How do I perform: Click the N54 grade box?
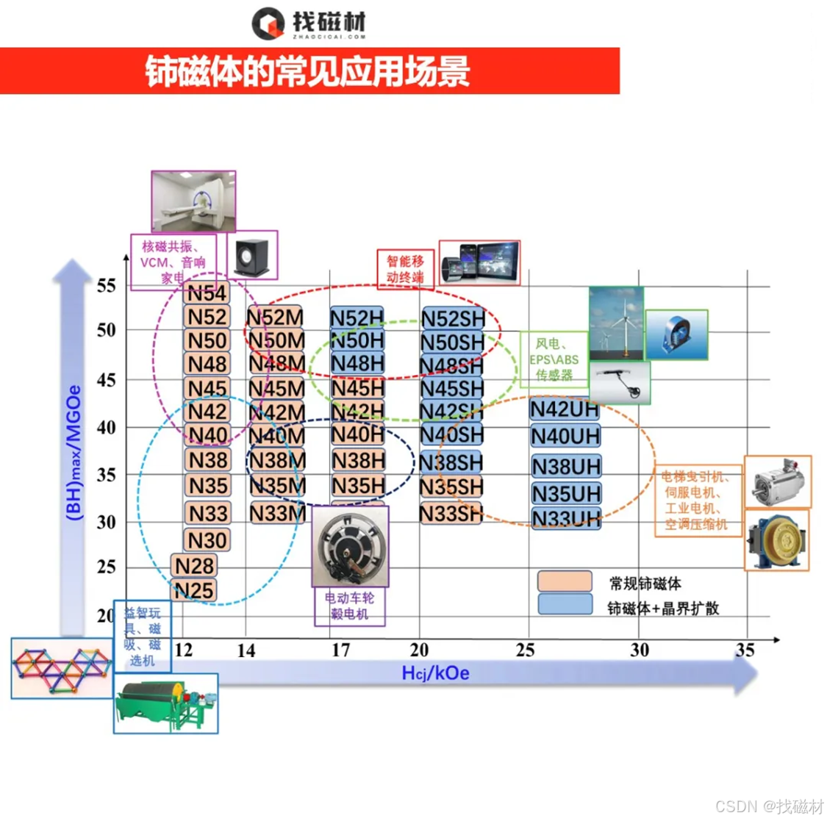pyautogui.click(x=207, y=293)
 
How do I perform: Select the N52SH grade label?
pyautogui.click(x=453, y=319)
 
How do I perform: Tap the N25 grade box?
pyautogui.click(x=194, y=590)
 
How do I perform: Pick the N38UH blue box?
pyautogui.click(x=566, y=467)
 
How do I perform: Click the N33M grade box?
pyautogui.click(x=277, y=512)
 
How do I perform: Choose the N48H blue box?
pyautogui.click(x=357, y=363)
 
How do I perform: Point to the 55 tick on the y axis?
pyautogui.click(x=107, y=286)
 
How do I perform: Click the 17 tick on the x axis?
pyautogui.click(x=341, y=650)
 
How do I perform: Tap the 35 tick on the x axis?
pyautogui.click(x=745, y=650)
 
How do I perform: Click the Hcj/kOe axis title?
pyautogui.click(x=435, y=673)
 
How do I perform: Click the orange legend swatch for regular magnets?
pyautogui.click(x=565, y=581)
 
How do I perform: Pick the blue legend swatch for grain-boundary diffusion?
pyautogui.click(x=565, y=605)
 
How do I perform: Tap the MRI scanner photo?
pyautogui.click(x=193, y=201)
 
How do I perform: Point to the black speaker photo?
pyautogui.click(x=252, y=254)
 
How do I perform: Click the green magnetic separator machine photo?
pyautogui.click(x=165, y=703)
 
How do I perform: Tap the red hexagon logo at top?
pyautogui.click(x=268, y=24)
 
